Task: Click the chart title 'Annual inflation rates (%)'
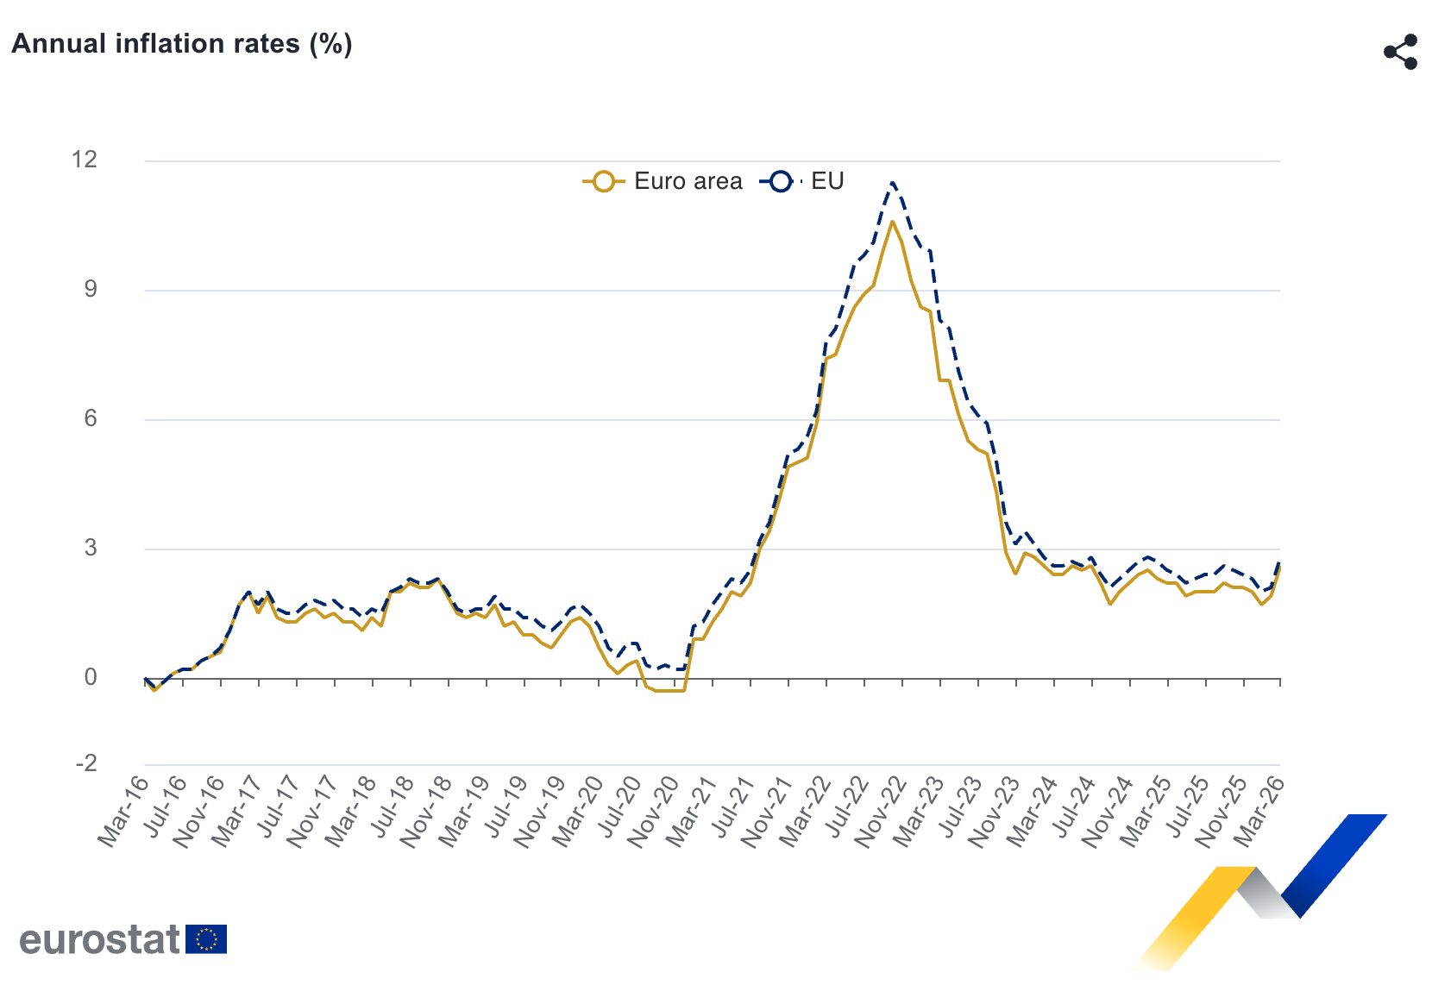click(x=182, y=44)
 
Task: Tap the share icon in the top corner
click(x=1401, y=52)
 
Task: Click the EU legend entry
click(x=802, y=181)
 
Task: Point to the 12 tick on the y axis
click(x=85, y=160)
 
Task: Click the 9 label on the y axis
click(x=91, y=290)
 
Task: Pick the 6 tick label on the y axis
click(x=91, y=419)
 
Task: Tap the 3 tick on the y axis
click(x=91, y=549)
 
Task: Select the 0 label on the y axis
click(x=91, y=678)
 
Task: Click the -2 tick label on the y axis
click(x=86, y=764)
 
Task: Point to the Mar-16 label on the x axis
click(x=123, y=811)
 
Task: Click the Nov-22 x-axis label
click(x=881, y=811)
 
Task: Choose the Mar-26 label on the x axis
click(x=1259, y=811)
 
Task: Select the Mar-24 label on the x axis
click(x=1033, y=811)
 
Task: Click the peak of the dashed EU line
click(x=892, y=182)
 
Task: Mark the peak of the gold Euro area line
click(x=892, y=222)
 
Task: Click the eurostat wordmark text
click(x=99, y=939)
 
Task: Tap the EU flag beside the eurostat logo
click(x=206, y=939)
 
